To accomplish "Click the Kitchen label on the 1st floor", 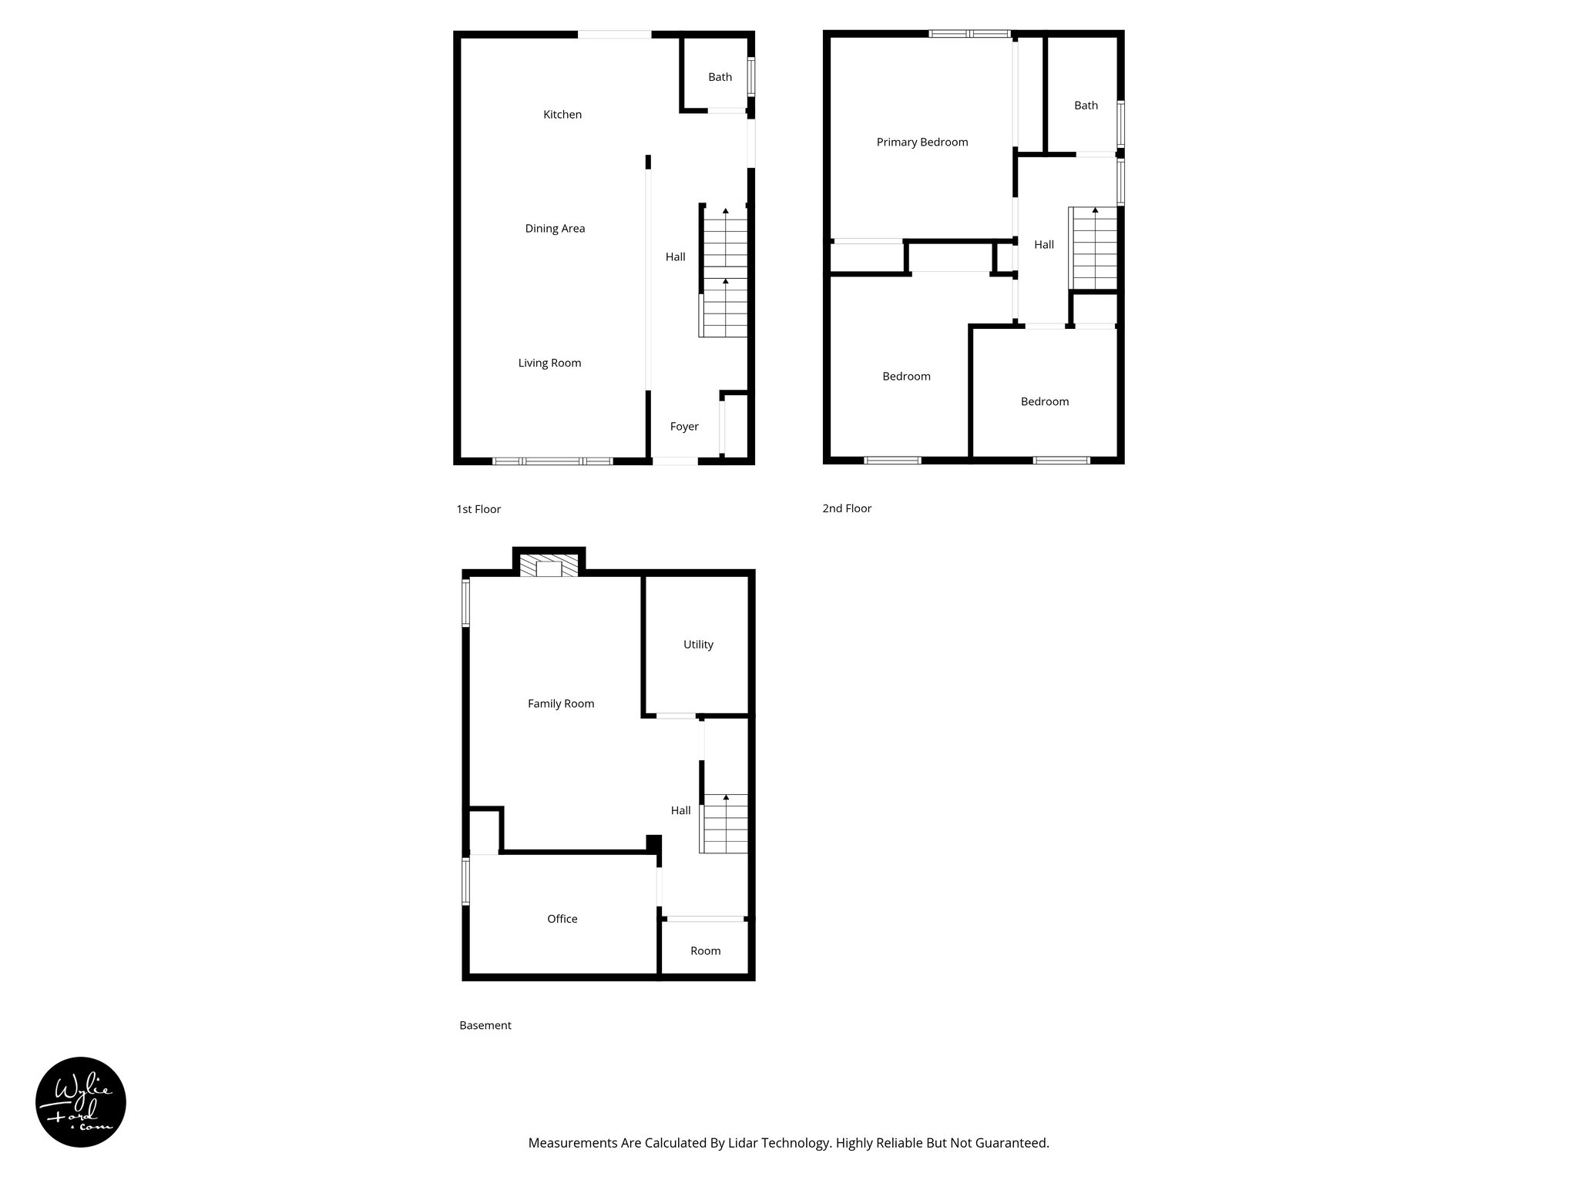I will coord(562,115).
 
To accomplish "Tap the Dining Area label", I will coord(555,229).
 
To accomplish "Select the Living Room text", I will coord(549,364).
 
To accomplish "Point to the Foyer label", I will coord(684,427).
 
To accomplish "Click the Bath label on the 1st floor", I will coord(720,77).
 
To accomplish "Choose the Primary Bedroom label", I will coord(922,142).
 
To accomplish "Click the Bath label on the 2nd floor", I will coord(1086,106).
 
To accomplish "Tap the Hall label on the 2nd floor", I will coord(1044,245).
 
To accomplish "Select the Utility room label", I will coord(698,645).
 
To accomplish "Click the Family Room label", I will coord(561,704).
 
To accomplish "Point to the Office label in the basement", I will coord(562,919).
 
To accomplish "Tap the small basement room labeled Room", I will coord(705,951).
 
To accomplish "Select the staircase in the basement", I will coord(724,824).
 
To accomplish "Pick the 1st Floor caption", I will coord(478,510).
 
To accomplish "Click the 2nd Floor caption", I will coord(847,509).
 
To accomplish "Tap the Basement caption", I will coord(485,1026).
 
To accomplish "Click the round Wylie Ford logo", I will coord(81,1102).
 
